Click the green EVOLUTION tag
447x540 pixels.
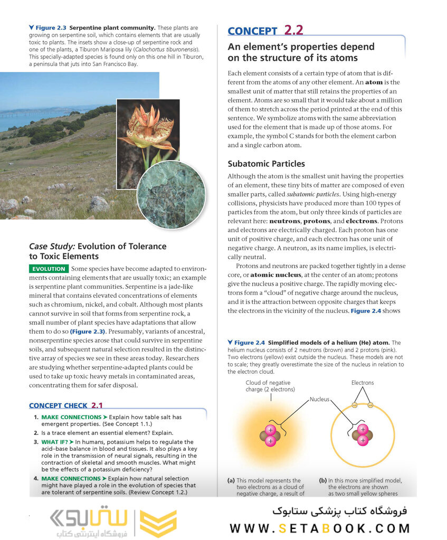tap(48, 269)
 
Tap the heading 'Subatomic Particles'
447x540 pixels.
tap(266, 164)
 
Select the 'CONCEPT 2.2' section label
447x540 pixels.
tap(265, 31)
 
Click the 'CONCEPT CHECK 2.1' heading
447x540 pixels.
tap(66, 405)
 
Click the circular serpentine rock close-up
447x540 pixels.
tap(170, 194)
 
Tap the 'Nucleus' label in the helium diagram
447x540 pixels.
tap(319, 400)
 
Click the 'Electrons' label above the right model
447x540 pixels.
tap(363, 383)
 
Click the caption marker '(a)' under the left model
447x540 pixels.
tap(231, 480)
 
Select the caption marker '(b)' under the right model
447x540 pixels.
tap(322, 480)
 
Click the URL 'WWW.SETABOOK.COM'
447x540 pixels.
tap(319, 528)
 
